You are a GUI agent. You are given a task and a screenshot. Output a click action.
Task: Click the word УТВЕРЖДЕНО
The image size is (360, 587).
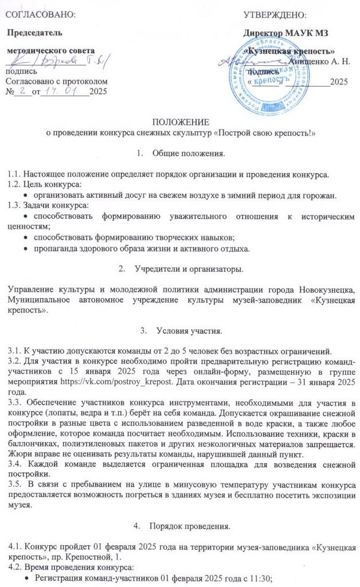click(x=274, y=13)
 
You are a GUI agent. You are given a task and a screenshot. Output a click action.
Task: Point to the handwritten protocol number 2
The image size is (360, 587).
click(x=22, y=91)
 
